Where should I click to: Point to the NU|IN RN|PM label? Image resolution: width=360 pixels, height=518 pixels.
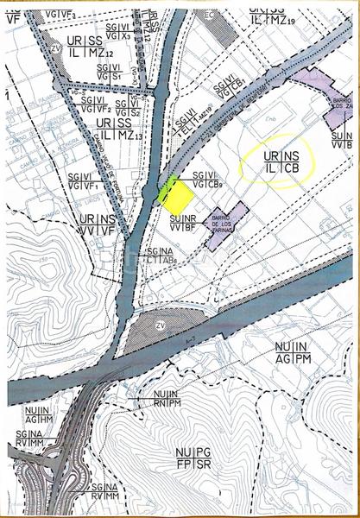[165, 399]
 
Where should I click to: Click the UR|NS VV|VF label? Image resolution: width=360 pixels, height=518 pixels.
[98, 224]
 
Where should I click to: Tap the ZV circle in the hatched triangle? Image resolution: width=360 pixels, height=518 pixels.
[160, 325]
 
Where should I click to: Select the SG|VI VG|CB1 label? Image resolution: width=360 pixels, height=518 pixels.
[231, 85]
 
